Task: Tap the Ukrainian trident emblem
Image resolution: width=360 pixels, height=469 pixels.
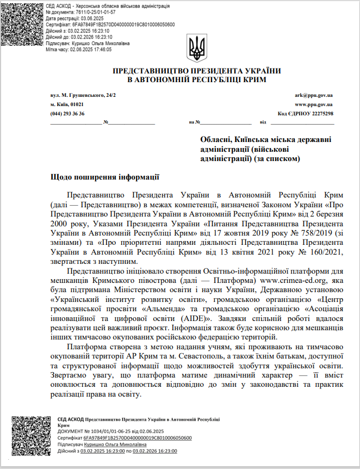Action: click(197, 48)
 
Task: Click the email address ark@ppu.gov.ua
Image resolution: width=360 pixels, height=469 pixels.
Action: click(314, 95)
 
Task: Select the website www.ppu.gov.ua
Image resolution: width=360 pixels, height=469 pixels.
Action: click(314, 104)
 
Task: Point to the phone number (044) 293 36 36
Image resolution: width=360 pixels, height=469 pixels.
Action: click(67, 113)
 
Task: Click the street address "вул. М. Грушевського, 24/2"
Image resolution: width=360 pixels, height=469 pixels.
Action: click(83, 95)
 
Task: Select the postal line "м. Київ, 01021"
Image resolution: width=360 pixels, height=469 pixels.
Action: click(67, 104)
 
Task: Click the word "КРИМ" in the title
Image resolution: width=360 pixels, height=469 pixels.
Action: click(253, 79)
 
